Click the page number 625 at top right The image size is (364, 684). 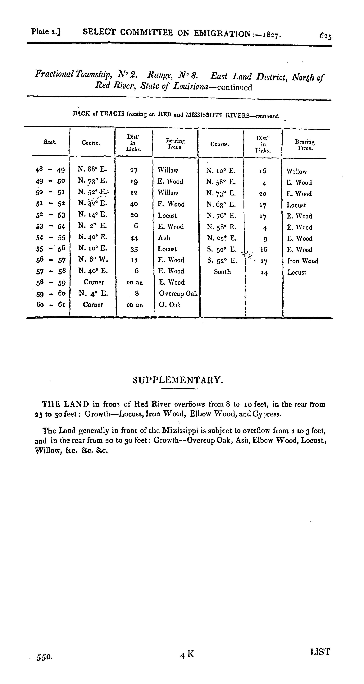(x=325, y=36)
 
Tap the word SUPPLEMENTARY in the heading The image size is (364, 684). (x=177, y=380)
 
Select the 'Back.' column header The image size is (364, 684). (x=50, y=142)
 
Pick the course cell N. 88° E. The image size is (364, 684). (x=92, y=169)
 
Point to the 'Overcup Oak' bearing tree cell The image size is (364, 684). (x=178, y=293)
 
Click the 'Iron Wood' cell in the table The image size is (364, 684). (x=303, y=261)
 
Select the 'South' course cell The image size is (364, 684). (x=222, y=272)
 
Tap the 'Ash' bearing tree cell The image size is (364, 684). (x=164, y=238)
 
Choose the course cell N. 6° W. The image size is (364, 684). (x=93, y=259)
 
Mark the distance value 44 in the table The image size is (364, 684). (x=134, y=238)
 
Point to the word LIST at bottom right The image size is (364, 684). (x=320, y=652)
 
